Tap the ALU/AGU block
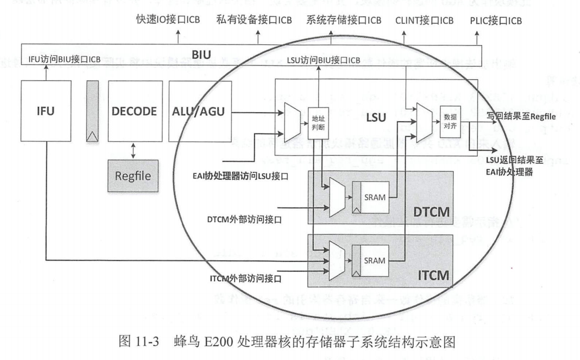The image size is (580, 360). (197, 111)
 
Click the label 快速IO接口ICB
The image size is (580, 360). (168, 21)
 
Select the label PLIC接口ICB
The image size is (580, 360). (495, 21)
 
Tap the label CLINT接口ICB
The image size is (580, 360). (424, 21)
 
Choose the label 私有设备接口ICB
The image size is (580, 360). (254, 21)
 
